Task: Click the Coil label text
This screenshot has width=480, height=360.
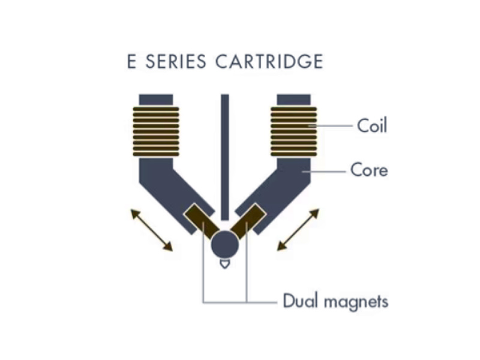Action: point(372,126)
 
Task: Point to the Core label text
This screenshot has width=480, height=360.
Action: point(369,170)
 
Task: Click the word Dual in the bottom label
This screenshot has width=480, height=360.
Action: point(299,301)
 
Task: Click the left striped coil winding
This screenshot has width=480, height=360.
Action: point(156,131)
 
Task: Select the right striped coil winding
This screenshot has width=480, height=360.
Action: point(294,131)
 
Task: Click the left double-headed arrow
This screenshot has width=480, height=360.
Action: point(152,230)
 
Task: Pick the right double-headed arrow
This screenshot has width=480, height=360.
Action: point(298,230)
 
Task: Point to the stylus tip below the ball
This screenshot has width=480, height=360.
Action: point(225,263)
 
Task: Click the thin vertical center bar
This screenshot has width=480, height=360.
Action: point(225,156)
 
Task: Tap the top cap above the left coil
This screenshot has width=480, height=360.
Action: point(156,100)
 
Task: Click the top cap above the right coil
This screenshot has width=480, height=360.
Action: point(294,100)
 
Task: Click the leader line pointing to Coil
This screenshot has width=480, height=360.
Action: point(330,126)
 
